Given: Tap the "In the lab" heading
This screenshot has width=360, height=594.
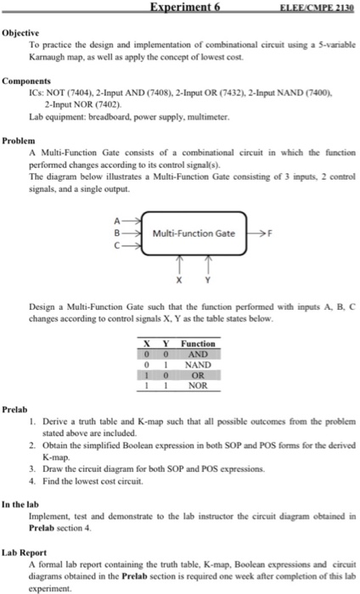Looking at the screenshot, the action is point(25,504).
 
